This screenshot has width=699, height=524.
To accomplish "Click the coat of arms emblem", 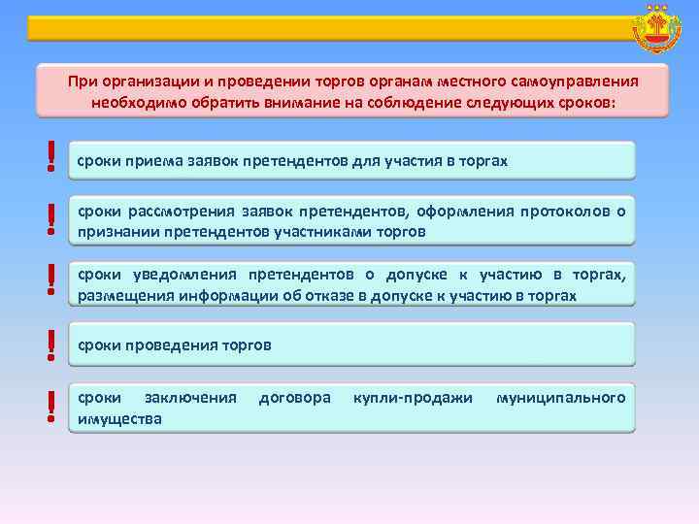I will point(656,28).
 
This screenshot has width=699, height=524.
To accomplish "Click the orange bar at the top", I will point(320,28).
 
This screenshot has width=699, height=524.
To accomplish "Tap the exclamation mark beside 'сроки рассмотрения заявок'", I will point(50,220).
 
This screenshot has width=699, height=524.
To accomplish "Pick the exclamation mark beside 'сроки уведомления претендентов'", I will point(50,280).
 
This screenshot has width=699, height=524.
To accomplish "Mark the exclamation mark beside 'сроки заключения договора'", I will point(50,407).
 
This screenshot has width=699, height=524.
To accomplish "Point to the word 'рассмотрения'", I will point(174,213).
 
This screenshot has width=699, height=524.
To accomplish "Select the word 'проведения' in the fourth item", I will point(169,344).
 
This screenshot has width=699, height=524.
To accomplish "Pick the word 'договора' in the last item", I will point(294,398).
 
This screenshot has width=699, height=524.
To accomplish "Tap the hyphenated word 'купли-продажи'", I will point(413,398).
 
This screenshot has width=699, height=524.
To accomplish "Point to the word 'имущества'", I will point(120,418).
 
